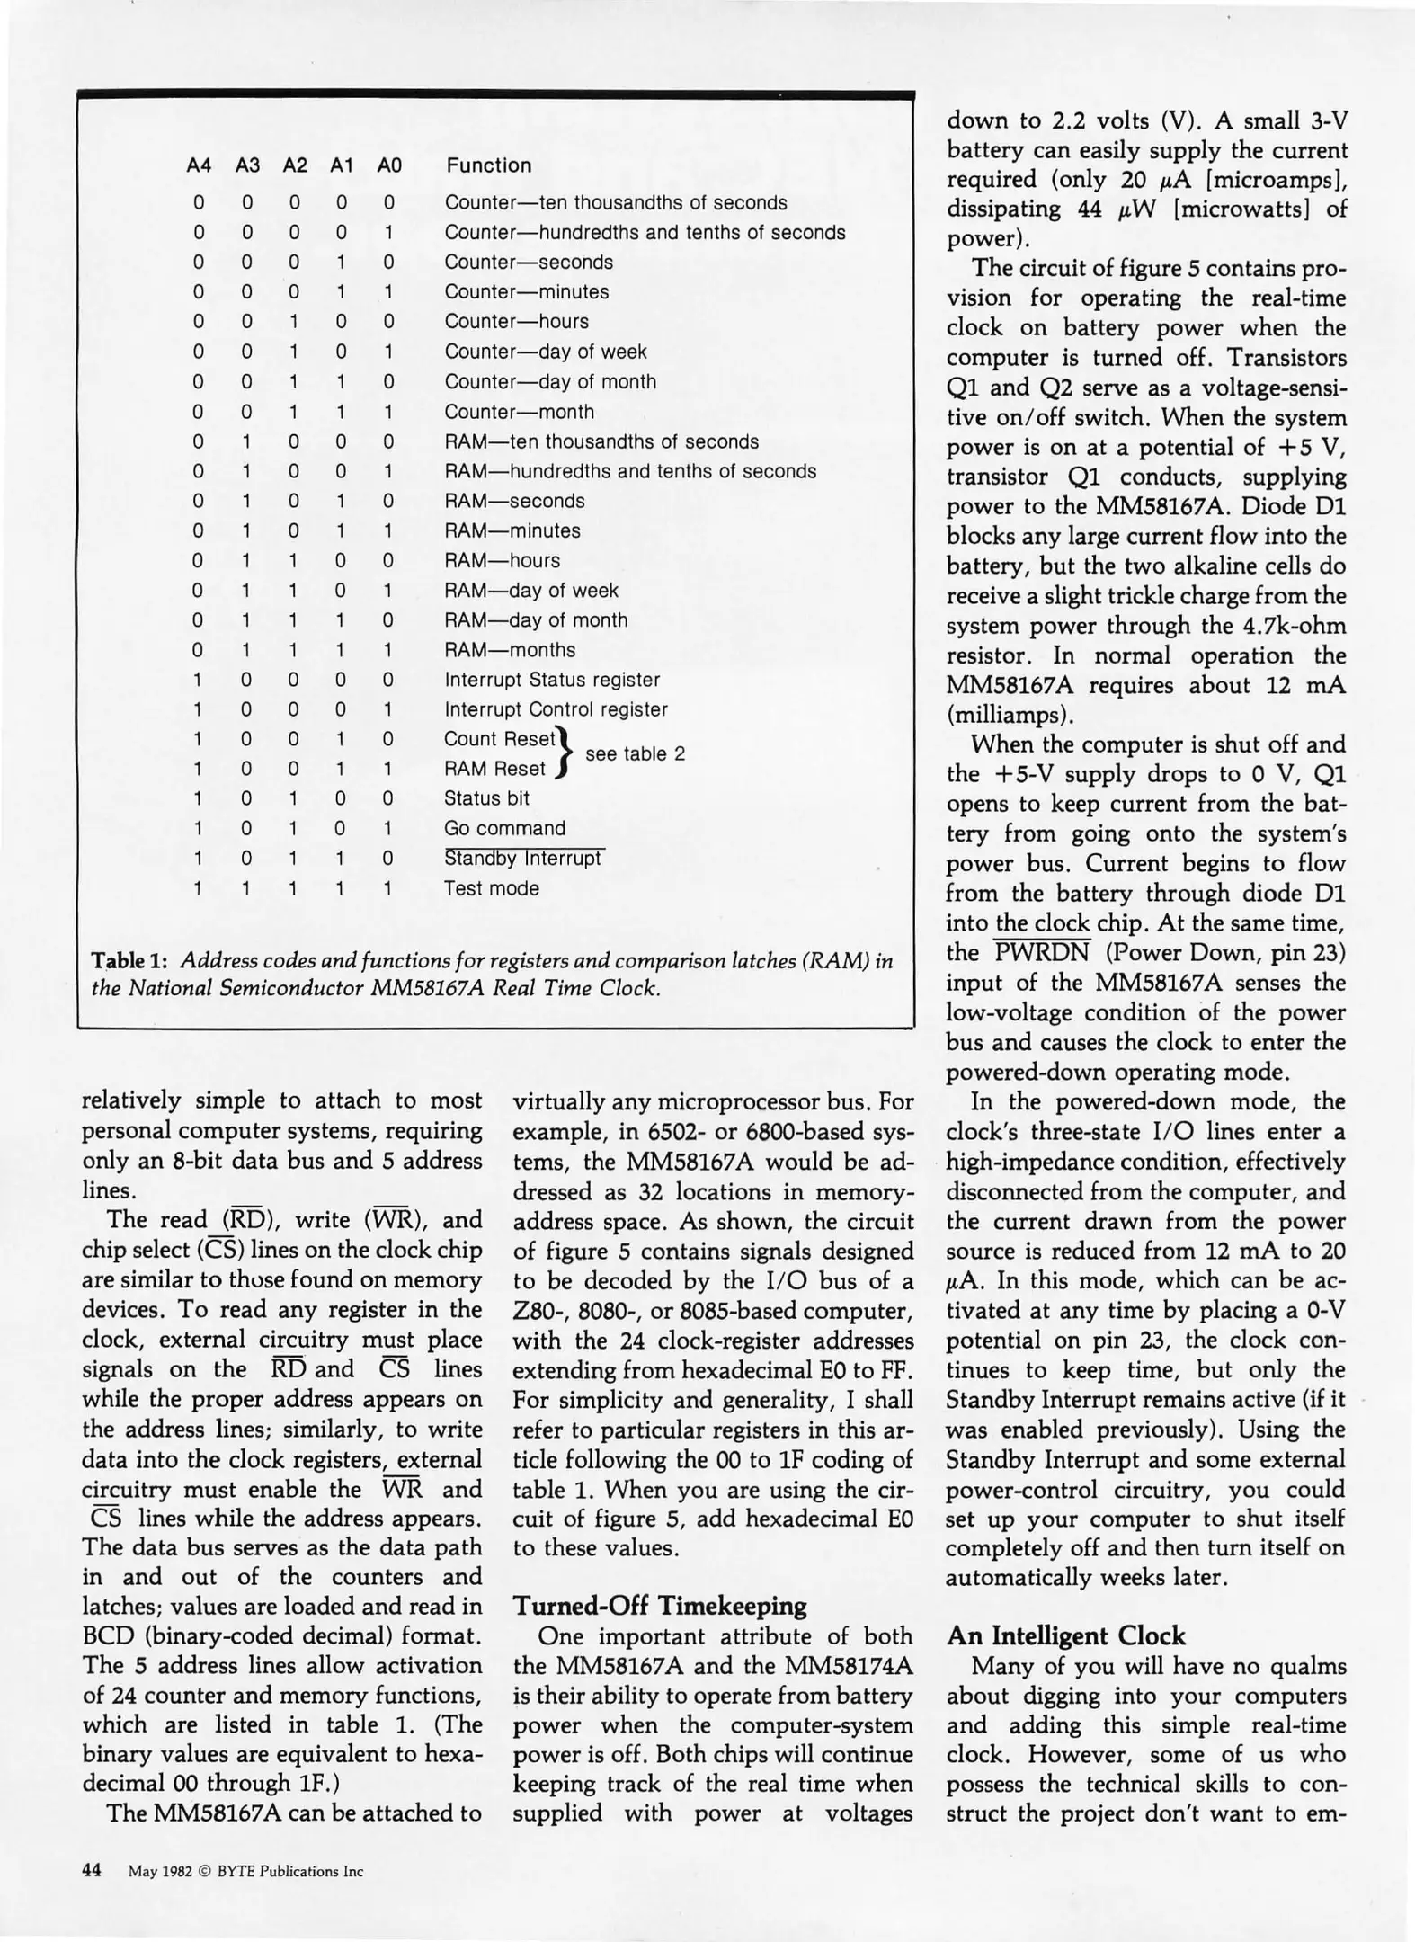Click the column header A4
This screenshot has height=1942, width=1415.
coord(199,165)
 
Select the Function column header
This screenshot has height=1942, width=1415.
coord(488,165)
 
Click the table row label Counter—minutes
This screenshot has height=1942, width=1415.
coord(526,292)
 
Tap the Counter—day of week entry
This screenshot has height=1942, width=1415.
coord(545,352)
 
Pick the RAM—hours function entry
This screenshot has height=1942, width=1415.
coord(502,561)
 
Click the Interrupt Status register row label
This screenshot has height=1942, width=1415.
coord(552,680)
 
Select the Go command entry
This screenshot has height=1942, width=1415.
coord(504,828)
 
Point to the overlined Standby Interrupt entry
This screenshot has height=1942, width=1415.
coord(523,859)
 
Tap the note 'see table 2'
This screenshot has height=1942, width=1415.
coord(635,754)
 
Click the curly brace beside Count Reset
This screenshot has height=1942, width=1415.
coord(565,754)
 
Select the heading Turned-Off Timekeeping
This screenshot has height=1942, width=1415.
coord(659,1606)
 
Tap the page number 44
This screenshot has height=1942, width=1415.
coord(92,1871)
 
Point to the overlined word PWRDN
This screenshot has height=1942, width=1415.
coord(1042,952)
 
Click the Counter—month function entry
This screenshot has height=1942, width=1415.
coord(519,412)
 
